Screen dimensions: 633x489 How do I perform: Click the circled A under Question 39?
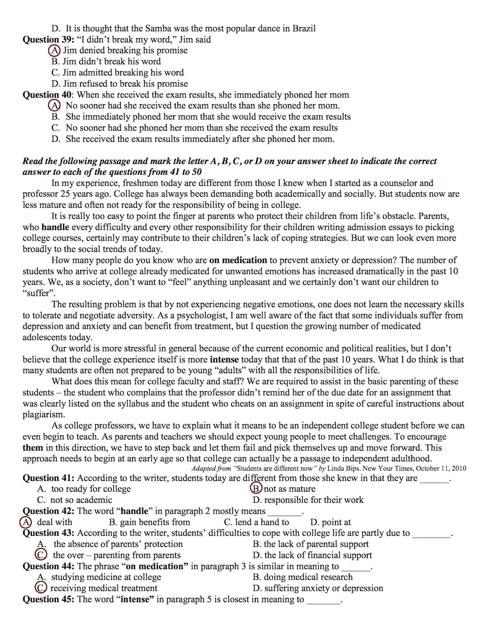coord(54,50)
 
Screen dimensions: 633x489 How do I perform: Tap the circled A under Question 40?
coord(54,106)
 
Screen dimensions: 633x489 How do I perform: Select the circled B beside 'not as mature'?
coord(256,489)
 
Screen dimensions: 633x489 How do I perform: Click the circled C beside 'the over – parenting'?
coord(42,555)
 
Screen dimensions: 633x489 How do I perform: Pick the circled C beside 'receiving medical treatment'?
coord(42,588)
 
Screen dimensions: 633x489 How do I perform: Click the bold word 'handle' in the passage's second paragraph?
coord(55,227)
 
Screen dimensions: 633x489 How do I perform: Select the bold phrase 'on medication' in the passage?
coord(238,260)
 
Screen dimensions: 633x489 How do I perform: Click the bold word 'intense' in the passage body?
coord(224,360)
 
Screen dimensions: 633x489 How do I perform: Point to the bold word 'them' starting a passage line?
coord(33,448)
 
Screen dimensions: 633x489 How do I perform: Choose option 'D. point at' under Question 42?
coord(331,522)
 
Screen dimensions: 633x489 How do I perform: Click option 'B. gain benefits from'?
coord(149,522)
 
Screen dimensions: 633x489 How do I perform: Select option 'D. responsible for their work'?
coord(308,500)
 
